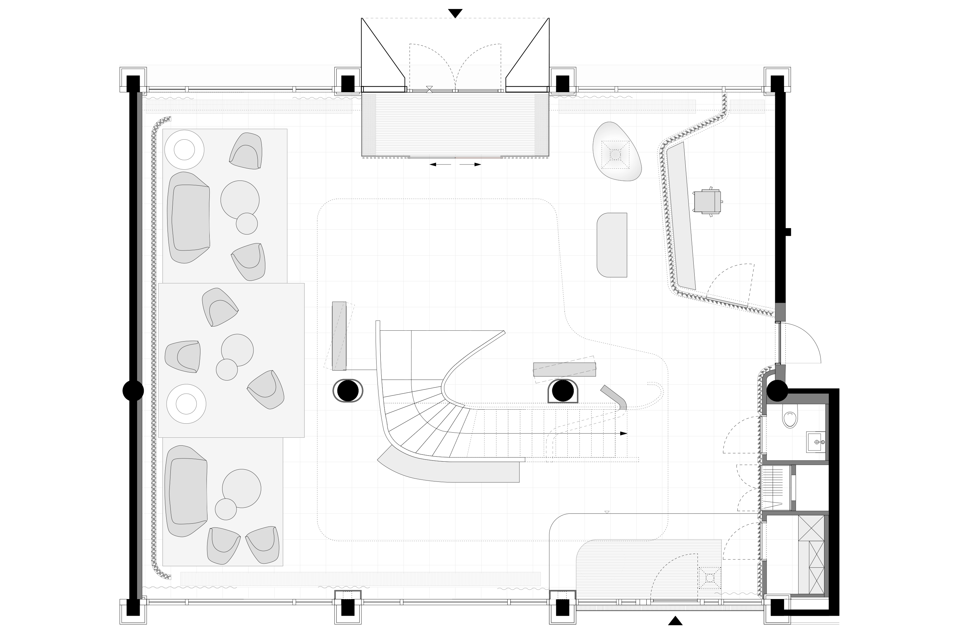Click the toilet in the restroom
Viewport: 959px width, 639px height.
(790, 419)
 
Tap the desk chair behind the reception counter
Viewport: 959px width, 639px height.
(707, 201)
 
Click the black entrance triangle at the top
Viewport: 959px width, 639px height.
(455, 13)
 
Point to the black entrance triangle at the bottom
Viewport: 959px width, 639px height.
(675, 621)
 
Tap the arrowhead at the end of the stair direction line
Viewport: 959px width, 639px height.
(623, 434)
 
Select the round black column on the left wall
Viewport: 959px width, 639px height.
(133, 390)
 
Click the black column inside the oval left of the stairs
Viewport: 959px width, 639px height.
(348, 390)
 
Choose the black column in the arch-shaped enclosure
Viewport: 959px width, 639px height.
(563, 390)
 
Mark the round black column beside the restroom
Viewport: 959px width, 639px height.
(777, 390)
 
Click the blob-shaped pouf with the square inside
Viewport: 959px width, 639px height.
(616, 152)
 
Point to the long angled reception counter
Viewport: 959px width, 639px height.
(681, 216)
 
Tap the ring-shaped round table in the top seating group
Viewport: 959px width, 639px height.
(184, 150)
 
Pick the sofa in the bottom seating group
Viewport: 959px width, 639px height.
(187, 491)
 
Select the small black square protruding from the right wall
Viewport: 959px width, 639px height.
(789, 232)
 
